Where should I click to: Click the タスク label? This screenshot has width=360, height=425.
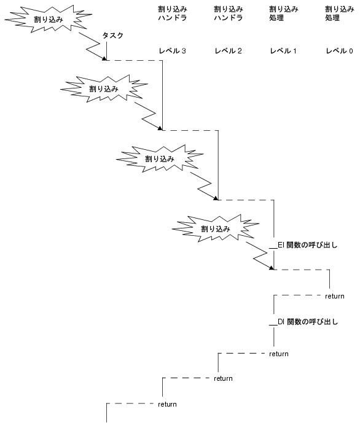[x=112, y=36]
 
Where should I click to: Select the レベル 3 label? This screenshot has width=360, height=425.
[x=172, y=51]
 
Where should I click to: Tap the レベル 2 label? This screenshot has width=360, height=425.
[x=228, y=51]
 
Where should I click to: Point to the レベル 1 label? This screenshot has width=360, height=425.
[x=283, y=51]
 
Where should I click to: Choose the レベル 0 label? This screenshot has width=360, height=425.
[x=339, y=51]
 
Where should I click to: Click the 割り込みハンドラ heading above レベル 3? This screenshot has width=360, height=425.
[x=173, y=14]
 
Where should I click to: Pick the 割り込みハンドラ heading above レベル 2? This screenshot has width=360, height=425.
[x=229, y=14]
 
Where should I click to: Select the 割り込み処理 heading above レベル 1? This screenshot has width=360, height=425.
[x=284, y=14]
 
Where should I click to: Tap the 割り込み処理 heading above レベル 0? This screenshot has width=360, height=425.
[x=340, y=14]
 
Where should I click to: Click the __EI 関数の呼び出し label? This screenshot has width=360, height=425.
[x=303, y=245]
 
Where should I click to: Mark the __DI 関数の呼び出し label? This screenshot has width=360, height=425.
[x=303, y=322]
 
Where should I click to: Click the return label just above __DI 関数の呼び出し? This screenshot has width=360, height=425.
[x=335, y=296]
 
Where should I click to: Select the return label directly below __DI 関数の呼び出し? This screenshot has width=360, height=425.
[x=279, y=354]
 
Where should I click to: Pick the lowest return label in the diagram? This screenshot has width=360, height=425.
[x=167, y=404]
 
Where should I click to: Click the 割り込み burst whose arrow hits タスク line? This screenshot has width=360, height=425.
[x=49, y=19]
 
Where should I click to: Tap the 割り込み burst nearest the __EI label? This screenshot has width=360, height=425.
[x=216, y=228]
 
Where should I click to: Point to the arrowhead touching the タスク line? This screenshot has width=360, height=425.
[x=104, y=58]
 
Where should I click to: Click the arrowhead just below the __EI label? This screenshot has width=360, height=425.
[x=272, y=268]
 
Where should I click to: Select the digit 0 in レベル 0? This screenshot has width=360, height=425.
[x=351, y=51]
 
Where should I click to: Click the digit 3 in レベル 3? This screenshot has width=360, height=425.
[x=184, y=51]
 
